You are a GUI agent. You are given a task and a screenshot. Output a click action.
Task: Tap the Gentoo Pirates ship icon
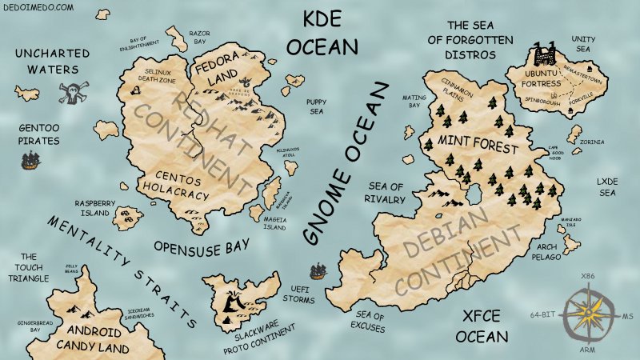pyautogui.click(x=30, y=161)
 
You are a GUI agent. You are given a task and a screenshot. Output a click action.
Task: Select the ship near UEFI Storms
pyautogui.click(x=318, y=271)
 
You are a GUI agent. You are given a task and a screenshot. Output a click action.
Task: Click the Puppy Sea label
pyautogui.click(x=314, y=107)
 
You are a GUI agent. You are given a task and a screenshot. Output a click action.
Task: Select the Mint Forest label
pyautogui.click(x=478, y=146)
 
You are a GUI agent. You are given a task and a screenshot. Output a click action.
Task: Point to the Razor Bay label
pyautogui.click(x=198, y=37)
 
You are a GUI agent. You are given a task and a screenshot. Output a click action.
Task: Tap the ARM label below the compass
pyautogui.click(x=588, y=350)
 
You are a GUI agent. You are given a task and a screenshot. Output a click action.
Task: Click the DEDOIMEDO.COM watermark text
pyautogui.click(x=38, y=7)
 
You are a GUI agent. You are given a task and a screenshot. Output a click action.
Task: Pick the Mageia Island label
pyautogui.click(x=274, y=222)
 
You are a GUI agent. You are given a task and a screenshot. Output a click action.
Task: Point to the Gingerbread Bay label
pyautogui.click(x=24, y=325)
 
